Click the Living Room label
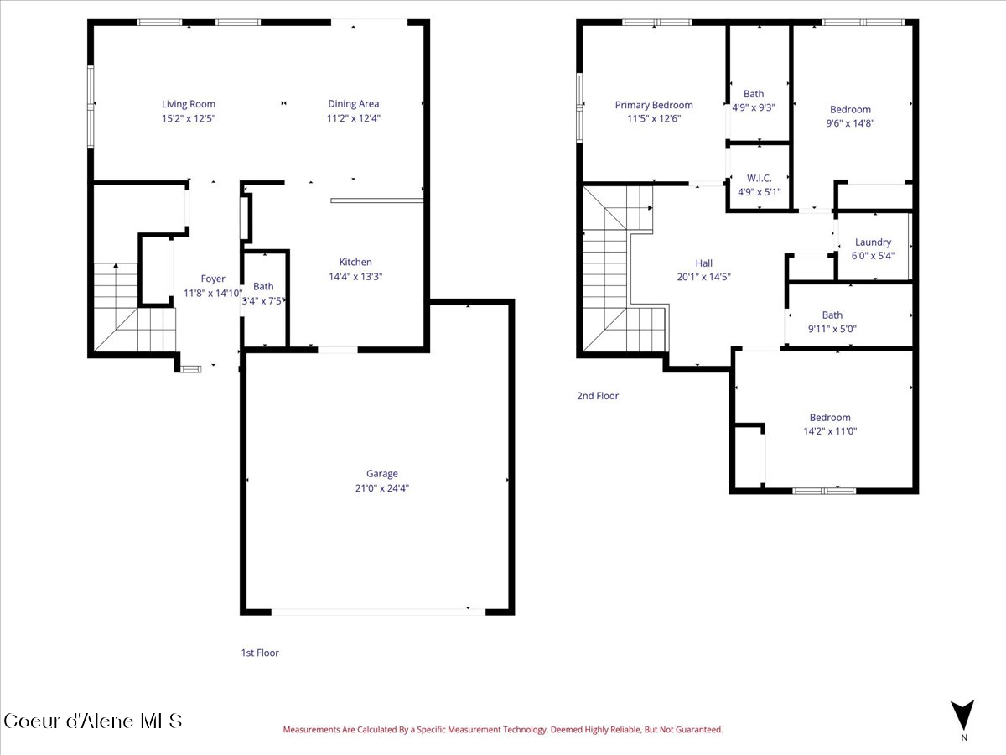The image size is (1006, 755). tap(189, 104)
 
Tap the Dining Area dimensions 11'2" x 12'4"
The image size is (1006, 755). tap(353, 118)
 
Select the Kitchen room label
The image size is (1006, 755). tap(355, 262)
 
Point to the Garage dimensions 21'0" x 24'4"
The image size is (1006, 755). tap(381, 487)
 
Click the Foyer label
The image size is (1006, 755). tap(213, 279)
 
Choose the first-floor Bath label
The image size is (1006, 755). tap(263, 286)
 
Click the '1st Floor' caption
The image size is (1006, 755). tap(260, 653)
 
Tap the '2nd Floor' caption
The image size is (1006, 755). tap(598, 396)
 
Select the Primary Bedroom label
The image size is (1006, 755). tap(654, 105)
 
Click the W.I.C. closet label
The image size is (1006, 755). tap(759, 178)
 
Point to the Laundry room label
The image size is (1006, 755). tap(873, 242)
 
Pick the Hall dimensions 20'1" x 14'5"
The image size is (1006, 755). tap(704, 277)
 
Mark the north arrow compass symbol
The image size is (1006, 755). tap(963, 715)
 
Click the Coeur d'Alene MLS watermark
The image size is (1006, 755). tap(92, 721)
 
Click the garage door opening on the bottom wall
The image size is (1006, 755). tap(377, 612)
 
